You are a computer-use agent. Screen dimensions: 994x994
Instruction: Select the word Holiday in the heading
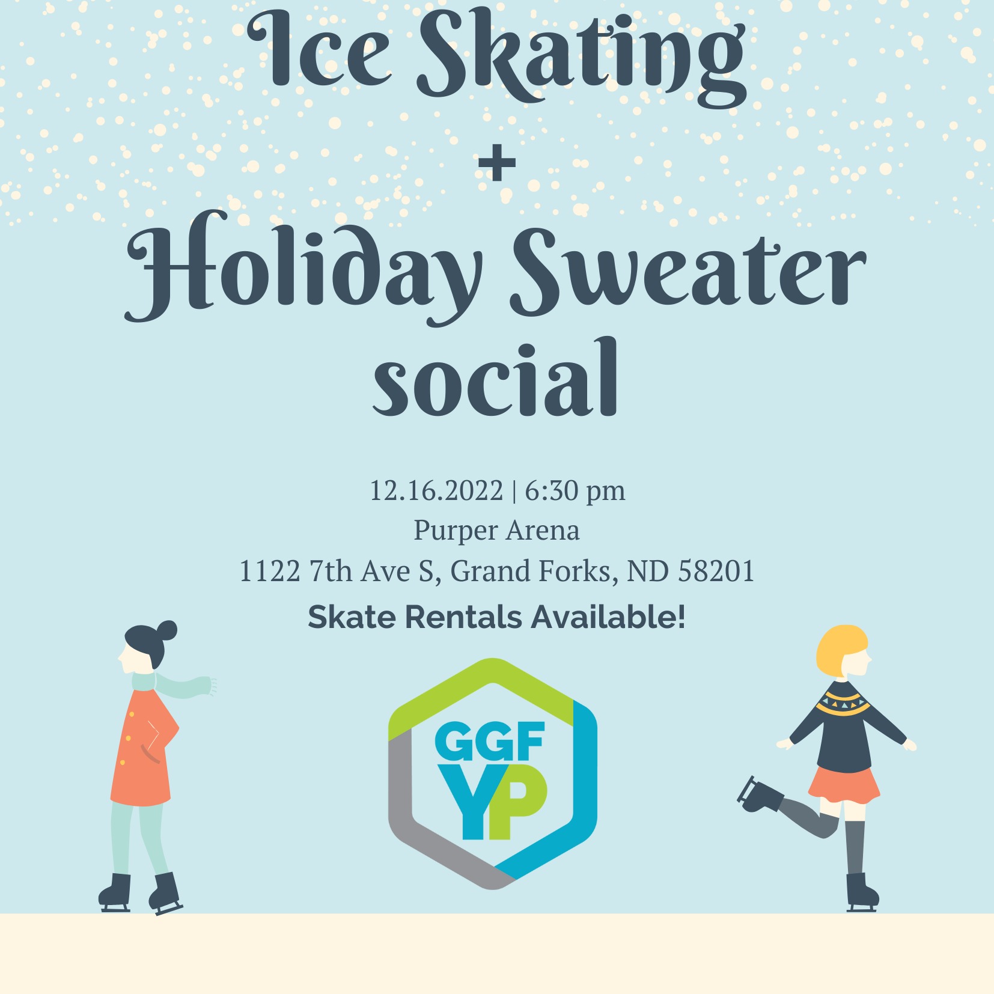point(303,267)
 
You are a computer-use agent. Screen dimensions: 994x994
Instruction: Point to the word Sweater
point(689,270)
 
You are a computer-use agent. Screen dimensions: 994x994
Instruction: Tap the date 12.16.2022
point(436,491)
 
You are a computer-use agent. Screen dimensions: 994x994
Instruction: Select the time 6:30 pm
point(575,492)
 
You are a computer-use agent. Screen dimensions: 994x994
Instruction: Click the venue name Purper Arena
point(496,531)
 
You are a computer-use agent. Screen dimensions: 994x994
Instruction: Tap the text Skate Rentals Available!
point(496,617)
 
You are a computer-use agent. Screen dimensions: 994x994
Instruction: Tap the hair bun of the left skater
point(166,630)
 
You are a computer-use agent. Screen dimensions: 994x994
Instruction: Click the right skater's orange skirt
point(844,784)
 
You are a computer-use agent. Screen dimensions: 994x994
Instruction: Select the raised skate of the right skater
point(758,794)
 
